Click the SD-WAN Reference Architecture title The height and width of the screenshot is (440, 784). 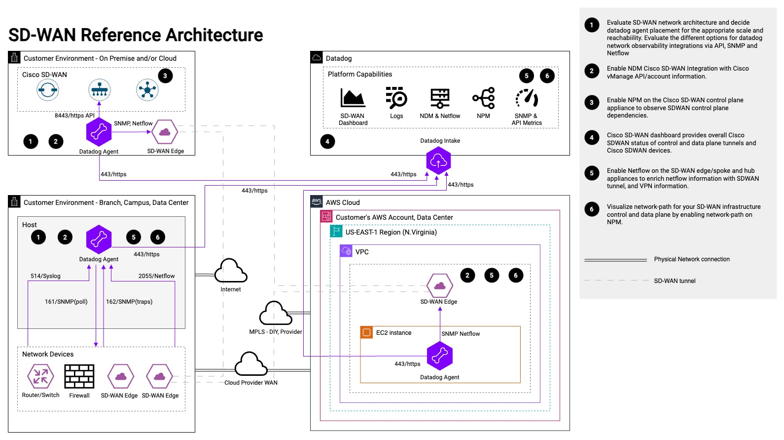tap(136, 35)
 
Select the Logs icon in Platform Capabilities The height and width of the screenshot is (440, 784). tap(396, 98)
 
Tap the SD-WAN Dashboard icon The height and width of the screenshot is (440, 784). tap(353, 98)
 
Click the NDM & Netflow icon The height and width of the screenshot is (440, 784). tap(440, 98)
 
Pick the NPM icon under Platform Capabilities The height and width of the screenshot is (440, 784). tap(484, 98)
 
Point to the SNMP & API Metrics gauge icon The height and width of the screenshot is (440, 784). tap(527, 98)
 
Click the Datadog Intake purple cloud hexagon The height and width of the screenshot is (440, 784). tap(438, 160)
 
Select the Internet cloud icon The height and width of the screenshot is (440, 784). tap(231, 271)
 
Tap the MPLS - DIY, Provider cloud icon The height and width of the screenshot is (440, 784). tap(276, 313)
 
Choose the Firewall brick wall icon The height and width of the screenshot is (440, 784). tap(79, 376)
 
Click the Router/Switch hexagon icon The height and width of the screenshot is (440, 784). tap(40, 376)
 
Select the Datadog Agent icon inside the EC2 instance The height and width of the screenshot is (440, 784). tap(439, 356)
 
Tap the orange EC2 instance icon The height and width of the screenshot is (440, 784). tap(366, 332)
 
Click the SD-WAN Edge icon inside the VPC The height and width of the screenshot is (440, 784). tap(439, 285)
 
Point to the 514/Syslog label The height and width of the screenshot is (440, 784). tap(45, 276)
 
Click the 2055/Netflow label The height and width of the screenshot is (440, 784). tap(156, 276)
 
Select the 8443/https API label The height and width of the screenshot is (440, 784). tap(74, 116)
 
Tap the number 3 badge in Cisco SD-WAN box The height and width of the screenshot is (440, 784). tap(165, 76)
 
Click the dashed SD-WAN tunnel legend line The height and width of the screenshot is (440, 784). tap(616, 280)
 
